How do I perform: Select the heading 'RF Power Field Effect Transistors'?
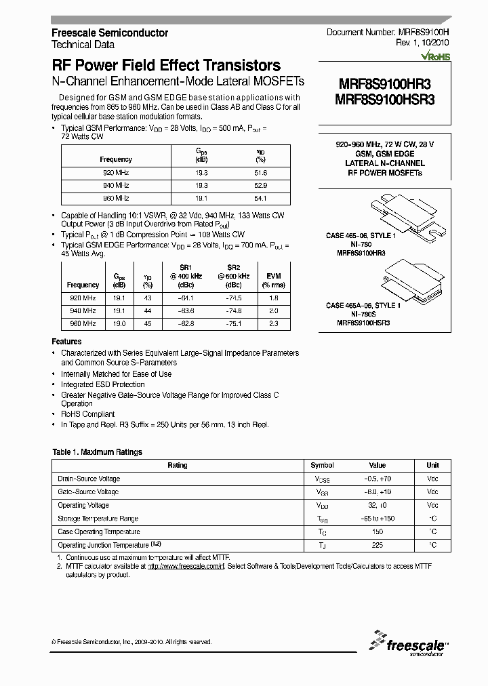(166, 66)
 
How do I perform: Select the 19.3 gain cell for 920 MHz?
(201, 173)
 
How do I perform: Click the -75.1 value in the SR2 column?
(234, 324)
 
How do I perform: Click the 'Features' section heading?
(66, 342)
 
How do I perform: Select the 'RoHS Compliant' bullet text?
(88, 414)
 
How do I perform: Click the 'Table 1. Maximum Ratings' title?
(97, 452)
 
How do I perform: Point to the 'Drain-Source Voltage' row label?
(89, 479)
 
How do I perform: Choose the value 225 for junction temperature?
(377, 545)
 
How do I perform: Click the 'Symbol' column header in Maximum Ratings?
(322, 466)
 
